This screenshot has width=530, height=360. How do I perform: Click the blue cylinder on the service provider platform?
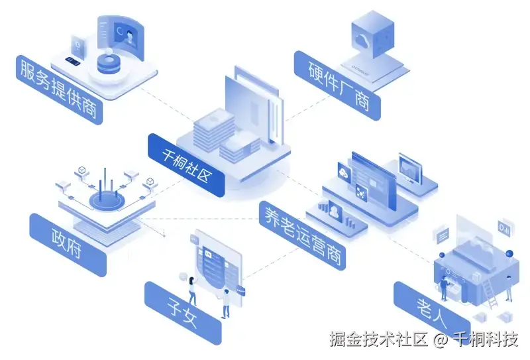(x=108, y=64)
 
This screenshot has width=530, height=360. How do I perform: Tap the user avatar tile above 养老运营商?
(x=335, y=211)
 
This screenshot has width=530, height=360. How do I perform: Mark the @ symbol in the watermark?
(x=441, y=340)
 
